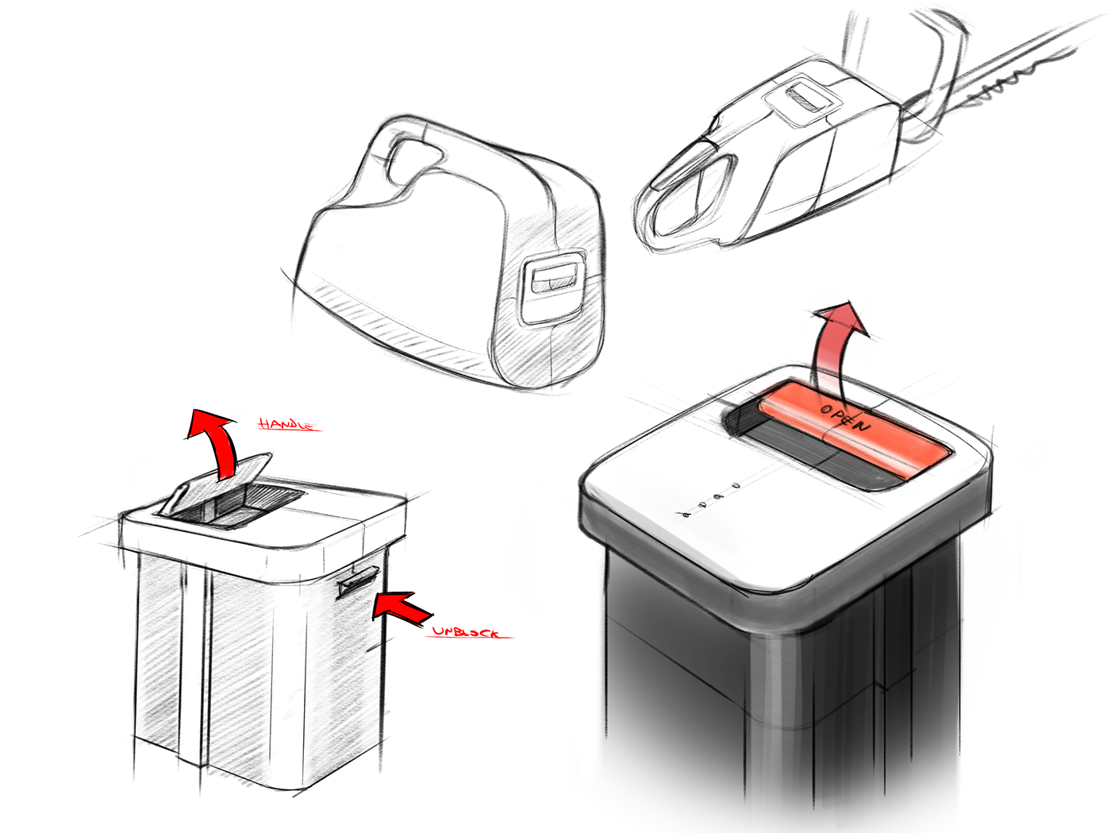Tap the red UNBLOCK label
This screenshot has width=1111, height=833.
coord(465,631)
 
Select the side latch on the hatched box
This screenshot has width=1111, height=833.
coord(356,583)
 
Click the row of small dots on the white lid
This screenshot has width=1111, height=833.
coord(710,500)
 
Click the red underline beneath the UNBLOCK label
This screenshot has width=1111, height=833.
coord(473,638)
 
